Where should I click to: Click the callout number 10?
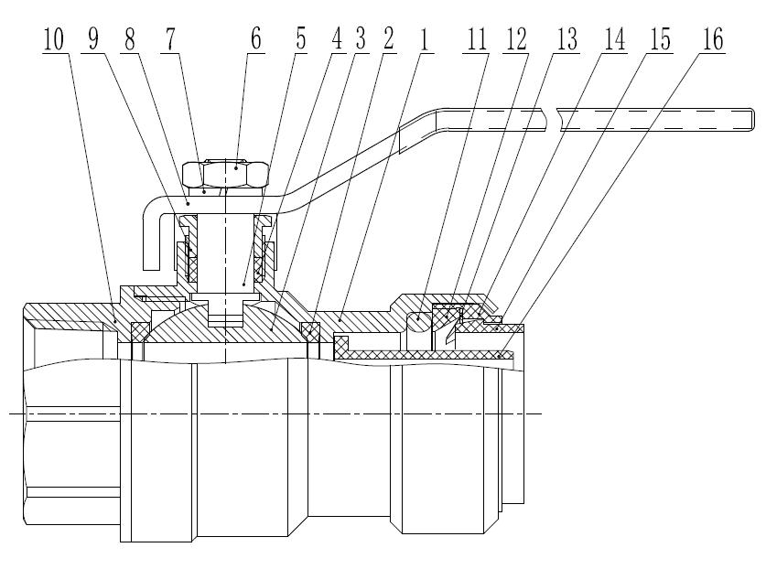tap(54, 39)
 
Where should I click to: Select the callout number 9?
tap(93, 39)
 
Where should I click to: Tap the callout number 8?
tap(129, 39)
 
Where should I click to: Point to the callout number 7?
tap(169, 39)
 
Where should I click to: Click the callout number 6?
tap(255, 39)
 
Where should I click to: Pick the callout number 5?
tap(300, 39)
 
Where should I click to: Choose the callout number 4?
tap(337, 39)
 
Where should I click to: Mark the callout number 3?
tap(361, 39)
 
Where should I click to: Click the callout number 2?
tap(388, 39)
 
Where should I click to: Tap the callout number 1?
tap(425, 39)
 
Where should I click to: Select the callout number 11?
tap(477, 39)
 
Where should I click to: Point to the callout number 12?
tap(516, 39)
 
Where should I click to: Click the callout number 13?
tap(566, 39)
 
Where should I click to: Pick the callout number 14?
tap(615, 39)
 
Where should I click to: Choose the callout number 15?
tap(660, 39)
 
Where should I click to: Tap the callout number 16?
tap(713, 39)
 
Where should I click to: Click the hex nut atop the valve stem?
tap(225, 174)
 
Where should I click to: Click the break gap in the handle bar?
tap(551, 120)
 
